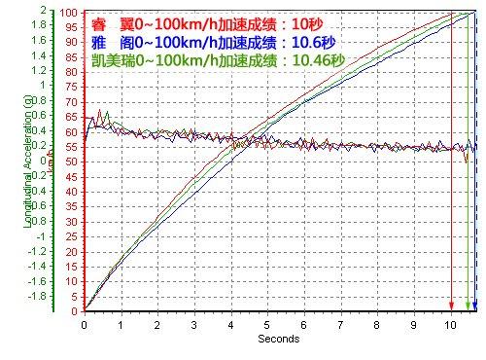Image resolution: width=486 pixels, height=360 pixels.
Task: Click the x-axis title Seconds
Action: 278,340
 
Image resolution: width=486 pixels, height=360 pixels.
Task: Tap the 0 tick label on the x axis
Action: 84,325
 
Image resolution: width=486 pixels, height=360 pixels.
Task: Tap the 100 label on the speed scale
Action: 69,13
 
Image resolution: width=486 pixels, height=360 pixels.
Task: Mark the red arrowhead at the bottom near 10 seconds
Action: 452,306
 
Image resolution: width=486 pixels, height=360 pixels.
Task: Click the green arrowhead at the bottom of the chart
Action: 468,306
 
